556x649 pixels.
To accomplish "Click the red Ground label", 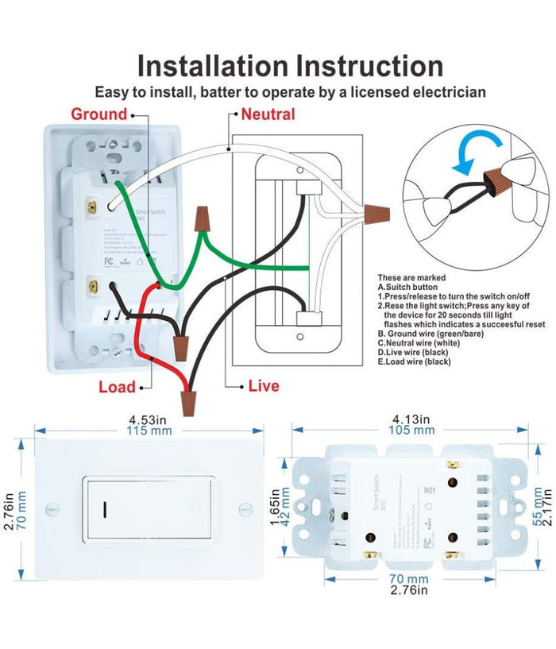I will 98,114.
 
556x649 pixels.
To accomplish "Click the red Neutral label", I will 268,114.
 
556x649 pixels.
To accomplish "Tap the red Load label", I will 117,387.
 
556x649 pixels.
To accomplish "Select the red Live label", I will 263,386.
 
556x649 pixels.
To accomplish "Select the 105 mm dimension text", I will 411,430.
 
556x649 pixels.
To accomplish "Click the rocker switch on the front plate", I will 150,506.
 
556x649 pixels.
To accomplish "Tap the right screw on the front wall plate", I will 243,506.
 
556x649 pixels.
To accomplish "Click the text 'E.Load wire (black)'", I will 415,361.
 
